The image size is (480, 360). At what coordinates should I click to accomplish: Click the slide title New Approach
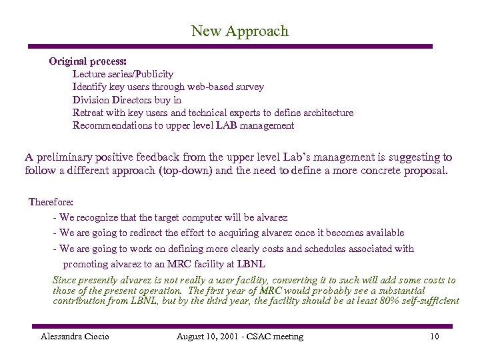pos(240,31)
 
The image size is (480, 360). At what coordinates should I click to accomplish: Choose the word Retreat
pos(89,113)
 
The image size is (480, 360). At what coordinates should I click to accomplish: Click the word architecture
pos(326,113)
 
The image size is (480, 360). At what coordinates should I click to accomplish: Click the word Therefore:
pos(51,201)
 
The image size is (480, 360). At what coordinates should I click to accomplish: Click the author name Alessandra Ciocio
pos(75,337)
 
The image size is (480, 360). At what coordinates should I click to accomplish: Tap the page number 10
pos(435,337)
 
